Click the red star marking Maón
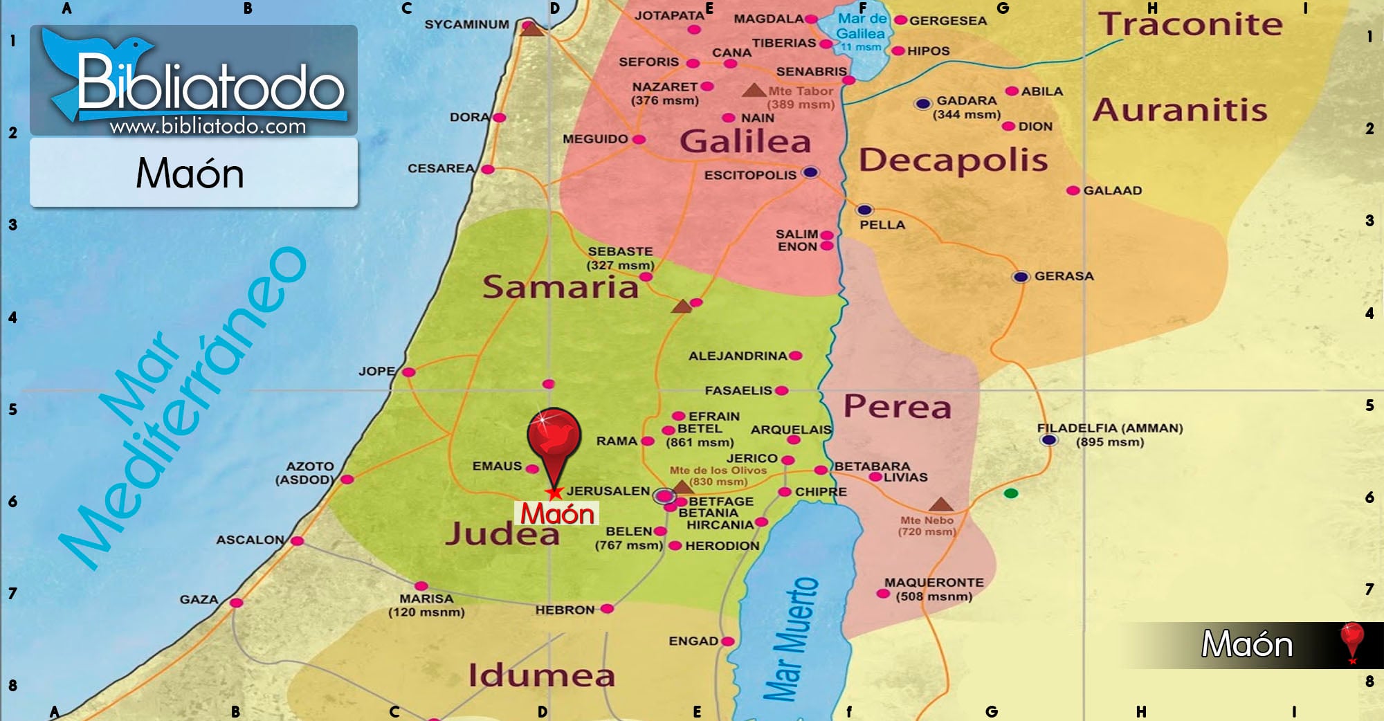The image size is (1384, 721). [x=554, y=493]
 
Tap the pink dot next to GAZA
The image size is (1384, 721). [x=236, y=603]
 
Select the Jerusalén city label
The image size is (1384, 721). [x=608, y=491]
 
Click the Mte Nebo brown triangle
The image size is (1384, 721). [x=940, y=504]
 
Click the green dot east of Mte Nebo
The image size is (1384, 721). [x=1011, y=493]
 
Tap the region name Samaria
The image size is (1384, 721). [x=560, y=287]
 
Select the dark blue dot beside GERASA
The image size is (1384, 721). [x=1021, y=277]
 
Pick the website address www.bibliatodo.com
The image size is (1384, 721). [x=208, y=127]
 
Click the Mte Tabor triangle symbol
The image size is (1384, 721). [x=753, y=91]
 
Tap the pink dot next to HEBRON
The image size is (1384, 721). [x=607, y=609]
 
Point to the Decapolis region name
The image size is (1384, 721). [x=953, y=161]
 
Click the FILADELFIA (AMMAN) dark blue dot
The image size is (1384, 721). [x=1049, y=440]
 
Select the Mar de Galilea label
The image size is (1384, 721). [x=861, y=26]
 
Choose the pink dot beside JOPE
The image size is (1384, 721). [x=409, y=372]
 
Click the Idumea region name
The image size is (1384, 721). [x=541, y=675]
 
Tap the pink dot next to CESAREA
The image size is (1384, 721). [x=488, y=170]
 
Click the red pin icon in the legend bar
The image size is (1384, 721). [x=1351, y=641]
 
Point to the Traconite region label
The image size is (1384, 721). [x=1190, y=25]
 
